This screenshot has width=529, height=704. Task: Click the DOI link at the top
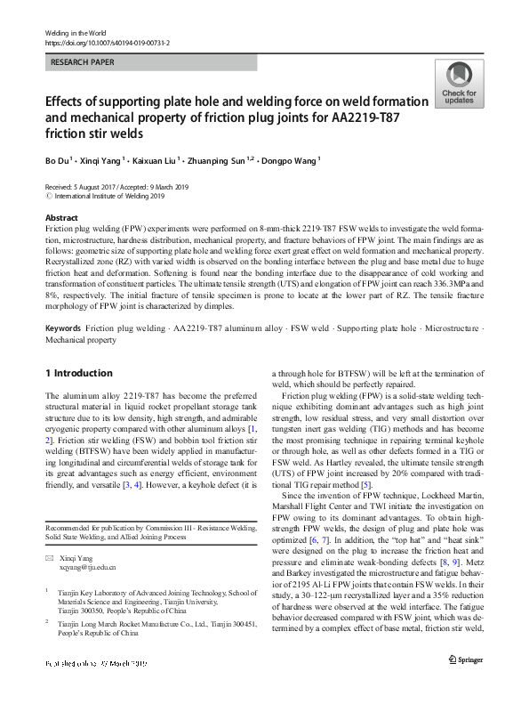click(107, 42)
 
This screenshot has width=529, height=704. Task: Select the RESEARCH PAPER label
click(83, 62)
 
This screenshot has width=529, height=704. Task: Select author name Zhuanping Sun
click(224, 161)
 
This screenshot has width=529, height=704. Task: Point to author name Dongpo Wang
click(293, 161)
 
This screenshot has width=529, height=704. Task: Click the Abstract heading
click(61, 218)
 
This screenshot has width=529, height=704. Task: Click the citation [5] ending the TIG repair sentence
click(367, 485)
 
